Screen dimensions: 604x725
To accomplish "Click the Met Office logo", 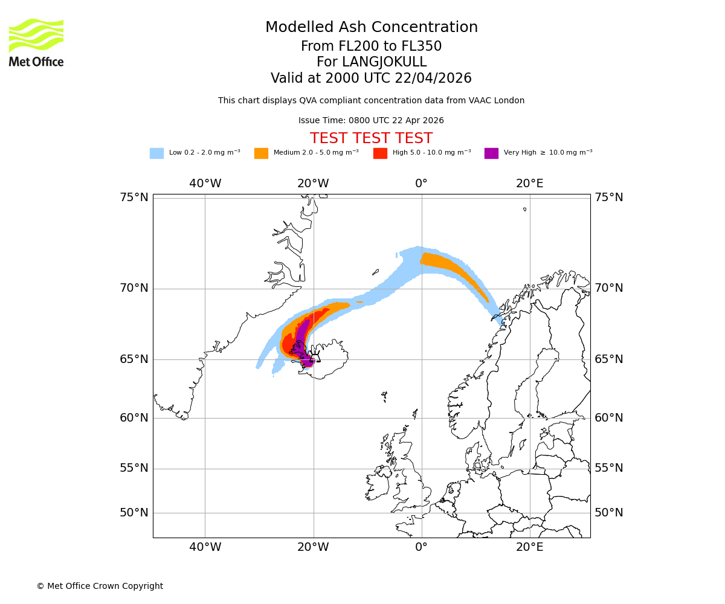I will tap(36, 42).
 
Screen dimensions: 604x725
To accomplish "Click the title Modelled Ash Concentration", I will tap(371, 28).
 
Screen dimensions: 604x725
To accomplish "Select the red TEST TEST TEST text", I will tap(371, 139).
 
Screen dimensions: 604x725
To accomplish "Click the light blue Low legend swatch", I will tap(156, 153).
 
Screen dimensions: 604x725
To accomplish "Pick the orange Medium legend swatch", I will tap(261, 153).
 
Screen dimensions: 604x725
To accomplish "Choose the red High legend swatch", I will tap(380, 153).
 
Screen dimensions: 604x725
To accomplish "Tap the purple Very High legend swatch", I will tap(491, 153).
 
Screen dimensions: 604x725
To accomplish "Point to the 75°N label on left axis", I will tap(134, 198).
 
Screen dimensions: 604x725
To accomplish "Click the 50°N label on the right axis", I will tap(609, 513).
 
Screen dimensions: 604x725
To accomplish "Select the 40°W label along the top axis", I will tap(205, 184).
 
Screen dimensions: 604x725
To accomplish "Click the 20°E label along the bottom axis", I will tap(530, 547).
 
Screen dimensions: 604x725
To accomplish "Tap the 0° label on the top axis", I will tap(421, 184).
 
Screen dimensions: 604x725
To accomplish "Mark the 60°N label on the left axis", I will tap(134, 418).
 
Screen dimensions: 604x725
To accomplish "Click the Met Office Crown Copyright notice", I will tap(100, 586).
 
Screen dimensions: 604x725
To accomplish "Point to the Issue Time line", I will tap(371, 121).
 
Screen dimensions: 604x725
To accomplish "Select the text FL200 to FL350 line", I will tap(371, 47).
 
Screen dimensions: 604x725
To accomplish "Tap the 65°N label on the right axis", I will tap(609, 359).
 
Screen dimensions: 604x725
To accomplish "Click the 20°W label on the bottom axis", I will tap(313, 547).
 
